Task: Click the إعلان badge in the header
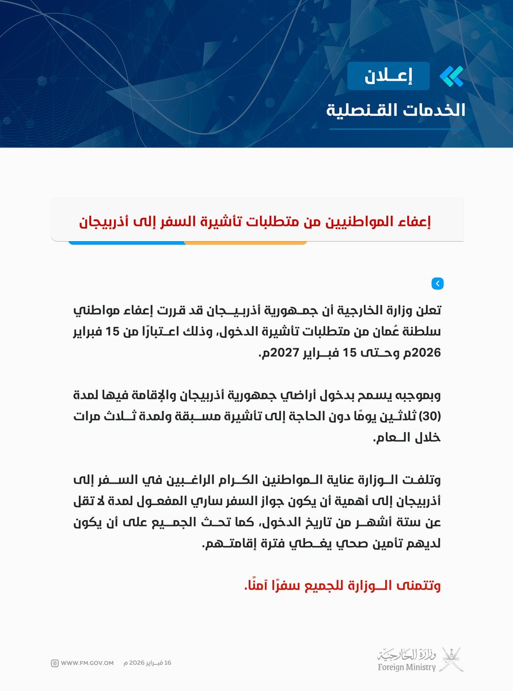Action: (388, 75)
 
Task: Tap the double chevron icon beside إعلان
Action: (451, 76)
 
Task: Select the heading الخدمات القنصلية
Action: (395, 110)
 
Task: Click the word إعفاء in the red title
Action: (411, 221)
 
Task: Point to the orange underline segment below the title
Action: (245, 242)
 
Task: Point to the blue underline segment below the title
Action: (127, 242)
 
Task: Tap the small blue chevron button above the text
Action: (437, 283)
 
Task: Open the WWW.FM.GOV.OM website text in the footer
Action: (86, 663)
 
